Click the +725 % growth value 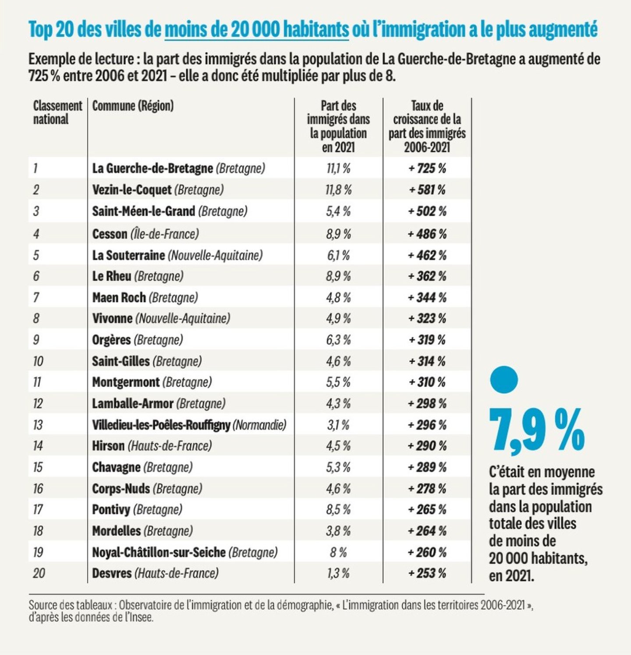pyautogui.click(x=427, y=168)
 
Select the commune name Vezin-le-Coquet pyautogui.click(x=131, y=190)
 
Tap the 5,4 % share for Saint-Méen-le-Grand pyautogui.click(x=338, y=211)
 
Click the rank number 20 pyautogui.click(x=39, y=573)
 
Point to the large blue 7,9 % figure pyautogui.click(x=537, y=430)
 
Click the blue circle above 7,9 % pyautogui.click(x=504, y=379)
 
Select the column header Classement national pyautogui.click(x=57, y=113)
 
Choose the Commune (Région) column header pyautogui.click(x=133, y=106)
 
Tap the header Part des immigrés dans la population pyautogui.click(x=338, y=126)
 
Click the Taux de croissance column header pyautogui.click(x=427, y=126)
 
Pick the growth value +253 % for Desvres pyautogui.click(x=427, y=573)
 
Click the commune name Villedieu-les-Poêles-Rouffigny pyautogui.click(x=161, y=425)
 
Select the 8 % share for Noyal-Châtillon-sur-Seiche pyautogui.click(x=338, y=552)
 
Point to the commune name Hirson pyautogui.click(x=108, y=446)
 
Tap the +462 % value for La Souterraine pyautogui.click(x=427, y=255)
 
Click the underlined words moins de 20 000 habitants pyautogui.click(x=257, y=29)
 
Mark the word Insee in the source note pyautogui.click(x=144, y=617)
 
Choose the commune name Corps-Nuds pyautogui.click(x=121, y=488)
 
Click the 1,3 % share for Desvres pyautogui.click(x=338, y=573)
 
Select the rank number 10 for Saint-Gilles pyautogui.click(x=38, y=361)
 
